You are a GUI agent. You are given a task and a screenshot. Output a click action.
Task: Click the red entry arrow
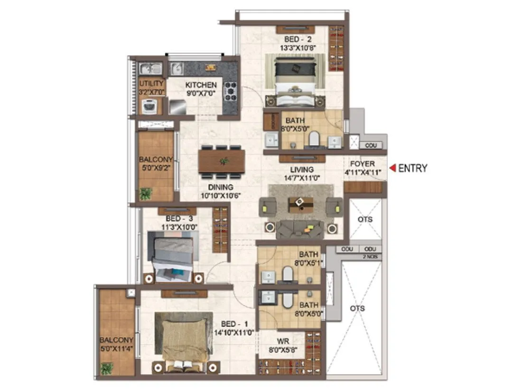coord(392,168)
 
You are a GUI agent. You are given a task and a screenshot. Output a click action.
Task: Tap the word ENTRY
coord(412,168)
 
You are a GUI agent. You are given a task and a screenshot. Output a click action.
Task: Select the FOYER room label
coord(363,164)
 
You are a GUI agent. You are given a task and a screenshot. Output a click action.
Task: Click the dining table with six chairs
coord(222,161)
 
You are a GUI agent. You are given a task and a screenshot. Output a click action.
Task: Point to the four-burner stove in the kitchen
coord(231,91)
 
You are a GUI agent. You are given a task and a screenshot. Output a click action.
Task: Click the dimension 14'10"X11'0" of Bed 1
coord(234,333)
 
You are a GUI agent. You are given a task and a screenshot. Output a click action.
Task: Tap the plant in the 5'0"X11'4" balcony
coord(107,368)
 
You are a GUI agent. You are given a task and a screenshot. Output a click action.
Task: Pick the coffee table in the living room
coord(300,204)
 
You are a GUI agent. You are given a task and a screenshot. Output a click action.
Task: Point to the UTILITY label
coord(151,84)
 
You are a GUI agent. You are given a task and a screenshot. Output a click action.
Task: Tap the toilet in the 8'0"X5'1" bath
coord(288,273)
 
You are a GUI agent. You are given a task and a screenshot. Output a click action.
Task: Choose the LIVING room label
coord(302,170)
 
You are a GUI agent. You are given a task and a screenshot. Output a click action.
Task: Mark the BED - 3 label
coord(178,219)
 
